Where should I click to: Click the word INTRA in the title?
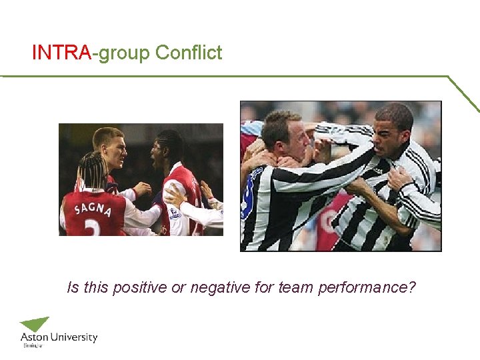(61, 53)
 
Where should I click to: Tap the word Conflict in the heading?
(189, 53)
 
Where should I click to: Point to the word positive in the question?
(139, 288)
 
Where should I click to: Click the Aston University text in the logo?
(59, 337)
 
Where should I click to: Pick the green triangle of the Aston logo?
(35, 324)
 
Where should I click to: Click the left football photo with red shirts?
(141, 180)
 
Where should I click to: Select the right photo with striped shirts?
(341, 176)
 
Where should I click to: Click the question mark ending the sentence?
(413, 288)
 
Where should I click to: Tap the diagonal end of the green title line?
(464, 93)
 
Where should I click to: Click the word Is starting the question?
(73, 288)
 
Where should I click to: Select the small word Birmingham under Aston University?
(33, 346)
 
